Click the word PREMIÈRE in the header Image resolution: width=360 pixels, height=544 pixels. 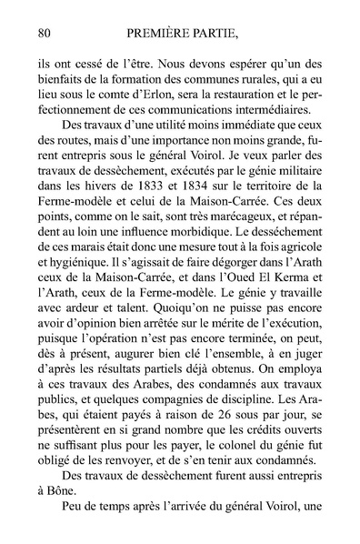pos(160,35)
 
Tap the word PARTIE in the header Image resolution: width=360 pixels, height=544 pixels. pos(225,35)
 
